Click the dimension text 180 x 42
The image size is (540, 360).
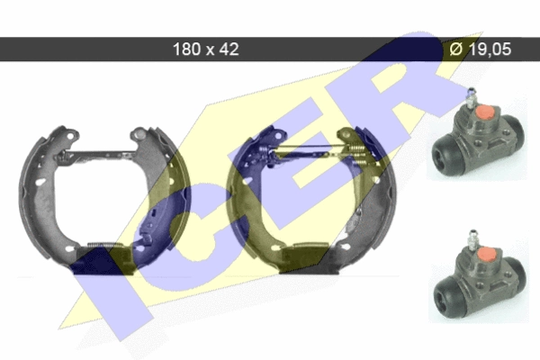pyautogui.click(x=205, y=49)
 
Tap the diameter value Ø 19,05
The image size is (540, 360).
pyautogui.click(x=480, y=49)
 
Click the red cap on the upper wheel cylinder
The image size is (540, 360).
pyautogui.click(x=485, y=112)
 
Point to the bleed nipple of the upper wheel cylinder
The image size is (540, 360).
pyautogui.click(x=471, y=98)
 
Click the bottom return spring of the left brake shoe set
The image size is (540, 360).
pyautogui.click(x=103, y=246)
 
